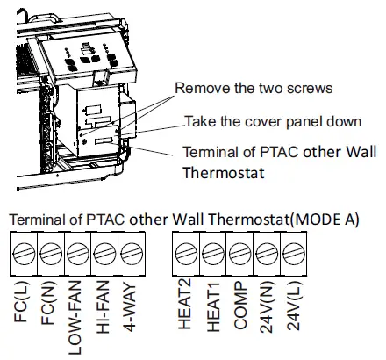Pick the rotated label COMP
tap(239, 308)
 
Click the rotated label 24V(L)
tap(293, 312)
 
